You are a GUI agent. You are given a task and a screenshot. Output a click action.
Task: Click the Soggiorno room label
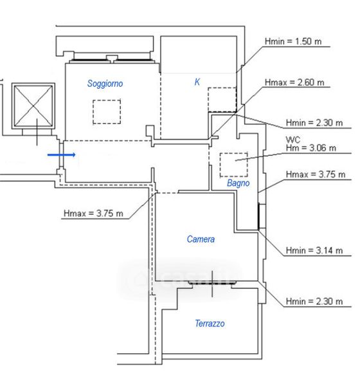pyautogui.click(x=105, y=84)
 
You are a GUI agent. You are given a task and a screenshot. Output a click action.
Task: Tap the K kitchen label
pyautogui.click(x=197, y=82)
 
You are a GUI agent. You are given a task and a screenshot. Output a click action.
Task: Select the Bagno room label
pyautogui.click(x=239, y=183)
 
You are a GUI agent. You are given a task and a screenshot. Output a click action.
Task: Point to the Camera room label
pyautogui.click(x=201, y=239)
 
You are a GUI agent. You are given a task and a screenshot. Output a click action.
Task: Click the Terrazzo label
pyautogui.click(x=210, y=323)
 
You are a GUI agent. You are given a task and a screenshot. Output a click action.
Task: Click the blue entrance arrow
pyautogui.click(x=62, y=154)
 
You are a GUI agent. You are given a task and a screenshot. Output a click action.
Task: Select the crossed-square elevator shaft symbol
pyautogui.click(x=33, y=106)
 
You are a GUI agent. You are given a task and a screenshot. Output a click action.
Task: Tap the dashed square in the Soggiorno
pyautogui.click(x=107, y=112)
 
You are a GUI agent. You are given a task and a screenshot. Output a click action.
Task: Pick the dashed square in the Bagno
pyautogui.click(x=234, y=165)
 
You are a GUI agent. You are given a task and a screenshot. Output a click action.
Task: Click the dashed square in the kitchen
pyautogui.click(x=222, y=100)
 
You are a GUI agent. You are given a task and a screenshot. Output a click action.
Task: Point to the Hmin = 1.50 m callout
pyautogui.click(x=293, y=41)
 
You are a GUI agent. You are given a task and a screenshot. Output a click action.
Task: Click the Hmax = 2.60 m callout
pyautogui.click(x=294, y=82)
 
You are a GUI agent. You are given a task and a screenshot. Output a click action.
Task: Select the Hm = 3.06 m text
pyautogui.click(x=310, y=148)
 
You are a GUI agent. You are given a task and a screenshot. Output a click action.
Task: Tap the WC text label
pyautogui.click(x=293, y=140)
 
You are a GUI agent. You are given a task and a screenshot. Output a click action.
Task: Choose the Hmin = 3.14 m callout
pyautogui.click(x=314, y=250)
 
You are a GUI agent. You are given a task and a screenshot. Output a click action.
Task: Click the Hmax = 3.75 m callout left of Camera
pyautogui.click(x=93, y=213)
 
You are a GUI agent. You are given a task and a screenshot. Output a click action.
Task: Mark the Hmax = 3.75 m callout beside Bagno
pyautogui.click(x=316, y=174)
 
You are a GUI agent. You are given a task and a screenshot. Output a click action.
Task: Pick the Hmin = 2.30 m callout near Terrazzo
pyautogui.click(x=314, y=301)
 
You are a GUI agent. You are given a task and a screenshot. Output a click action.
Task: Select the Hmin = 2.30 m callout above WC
pyautogui.click(x=314, y=123)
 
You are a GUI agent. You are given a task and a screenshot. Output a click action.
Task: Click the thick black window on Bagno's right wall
pyautogui.click(x=258, y=217)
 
